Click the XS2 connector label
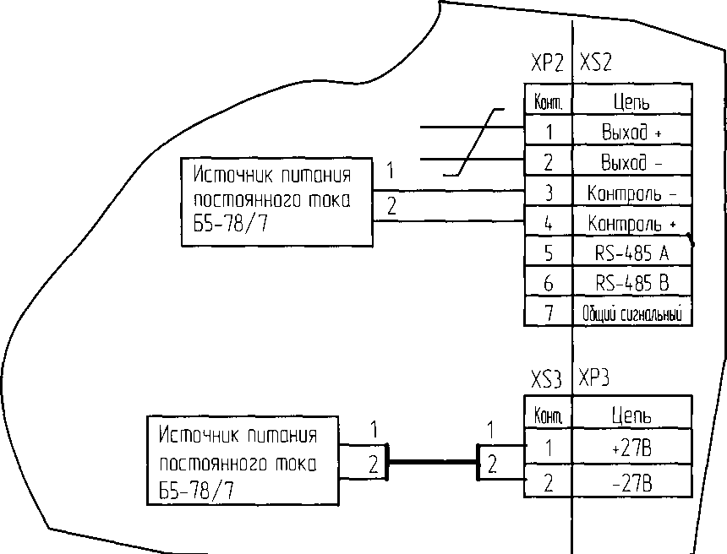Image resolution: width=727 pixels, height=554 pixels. point(596,64)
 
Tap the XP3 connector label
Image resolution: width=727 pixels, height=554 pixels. point(596,378)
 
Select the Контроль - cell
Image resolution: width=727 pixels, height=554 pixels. point(632,193)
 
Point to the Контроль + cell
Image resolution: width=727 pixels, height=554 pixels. point(632,224)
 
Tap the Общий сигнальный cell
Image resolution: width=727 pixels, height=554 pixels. point(632,314)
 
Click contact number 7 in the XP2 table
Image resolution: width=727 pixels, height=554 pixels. point(549,314)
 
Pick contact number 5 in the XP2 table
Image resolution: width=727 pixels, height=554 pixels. point(549,253)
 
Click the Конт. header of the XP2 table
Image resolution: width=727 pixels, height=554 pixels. point(549,103)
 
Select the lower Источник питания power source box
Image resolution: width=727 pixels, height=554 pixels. point(242,462)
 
